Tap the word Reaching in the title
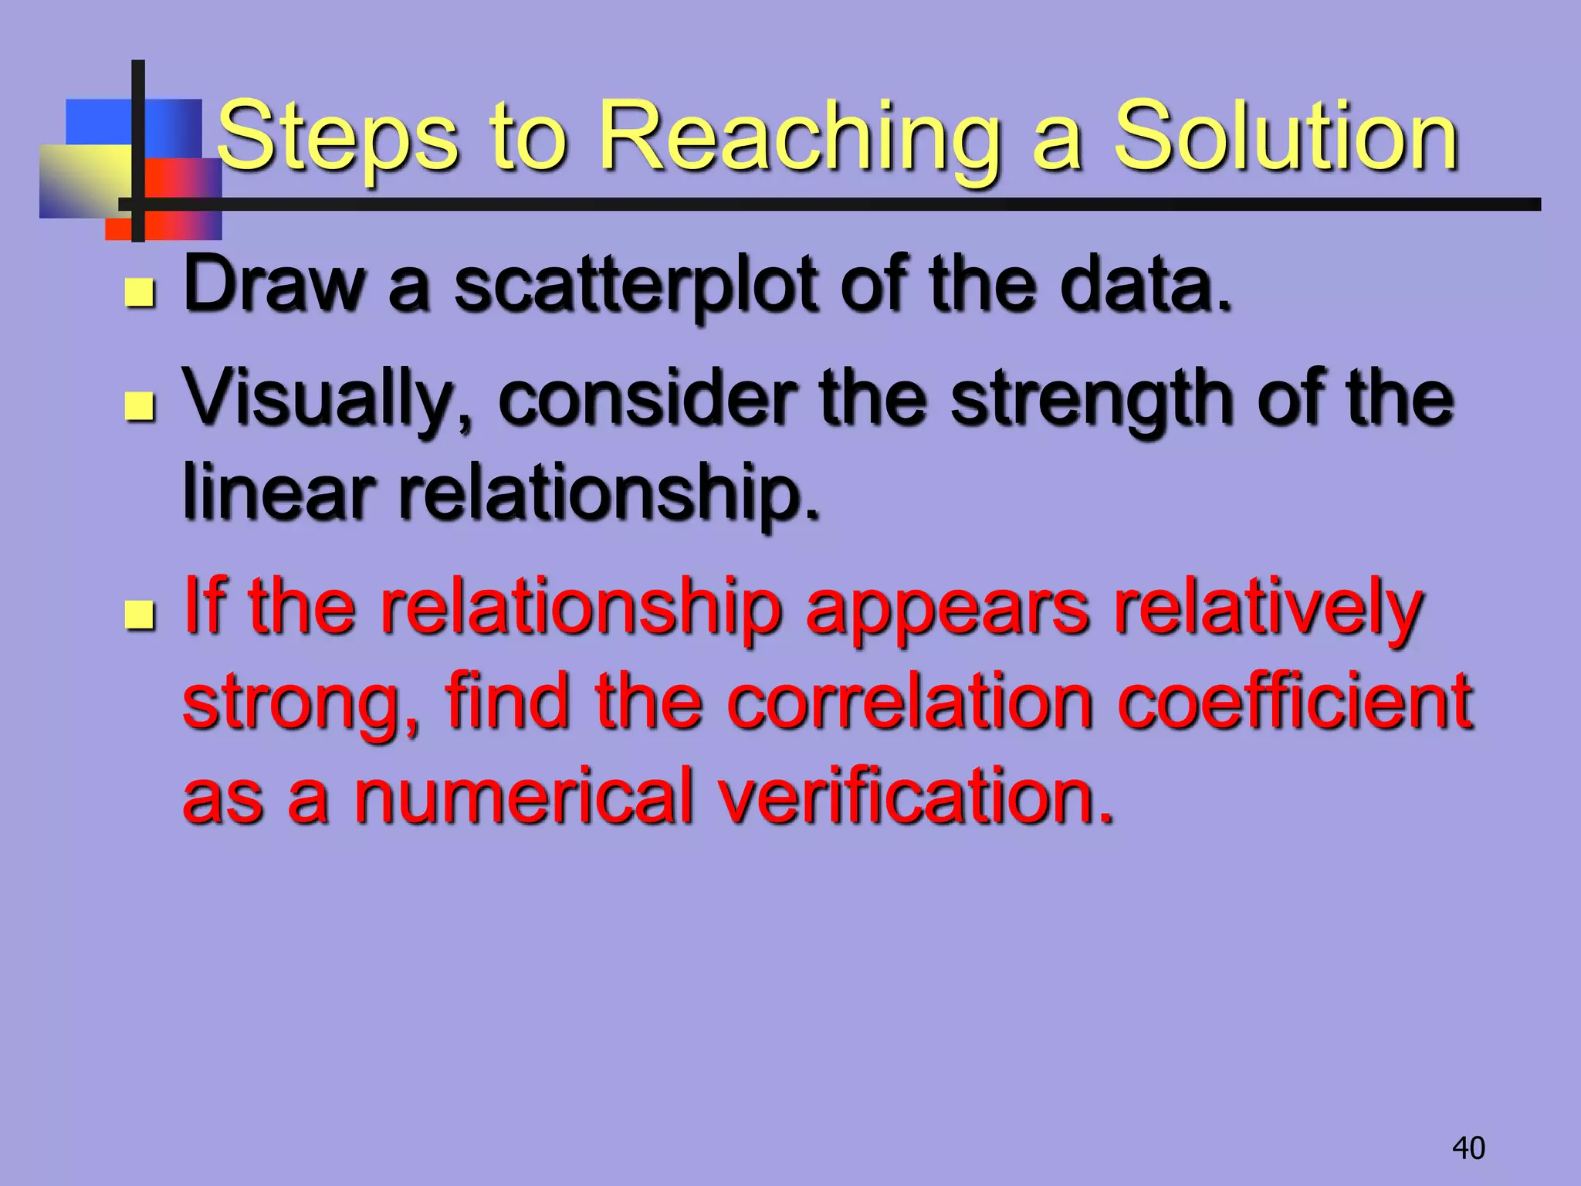click(799, 139)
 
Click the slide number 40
click(1468, 1148)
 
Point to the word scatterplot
click(635, 287)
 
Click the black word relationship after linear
click(606, 494)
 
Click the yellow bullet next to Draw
click(140, 293)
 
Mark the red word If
click(204, 606)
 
